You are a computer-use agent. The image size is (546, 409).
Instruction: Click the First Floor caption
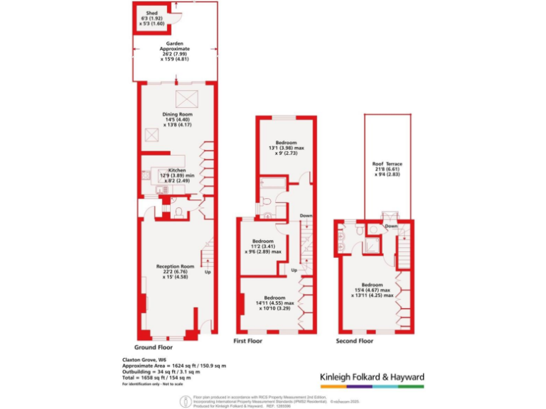(x=248, y=342)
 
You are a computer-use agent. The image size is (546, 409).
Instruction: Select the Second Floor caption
(x=354, y=342)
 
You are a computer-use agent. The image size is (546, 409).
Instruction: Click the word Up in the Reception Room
(x=208, y=272)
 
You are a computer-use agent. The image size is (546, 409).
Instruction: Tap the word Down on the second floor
(x=391, y=227)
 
